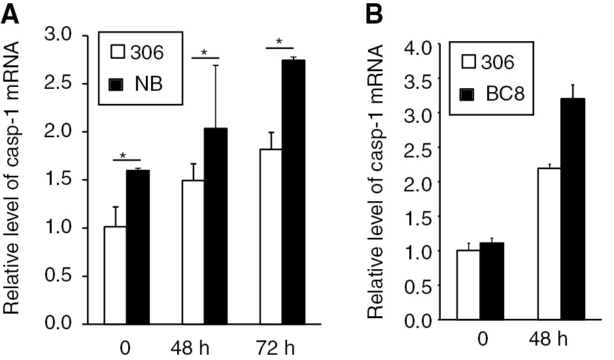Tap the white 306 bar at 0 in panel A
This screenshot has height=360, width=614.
[115, 275]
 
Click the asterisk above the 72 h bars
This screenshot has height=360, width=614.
[279, 42]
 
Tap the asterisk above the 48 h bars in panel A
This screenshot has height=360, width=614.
[205, 52]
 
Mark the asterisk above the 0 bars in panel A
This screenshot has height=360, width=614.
[122, 154]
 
